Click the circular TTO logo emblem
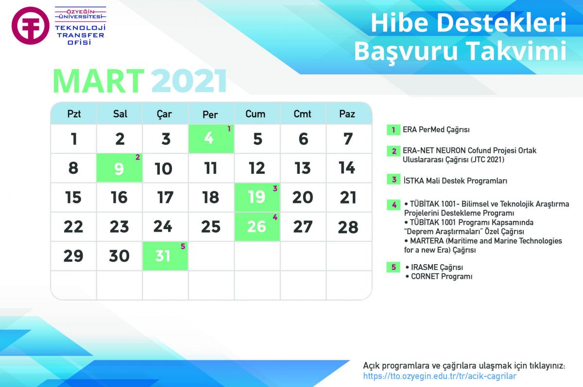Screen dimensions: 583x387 coord(31,26)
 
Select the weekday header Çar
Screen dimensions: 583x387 coord(164,115)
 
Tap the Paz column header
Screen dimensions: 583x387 coord(347,114)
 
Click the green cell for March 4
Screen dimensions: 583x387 coord(211,138)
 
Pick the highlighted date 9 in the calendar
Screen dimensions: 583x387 coord(119,168)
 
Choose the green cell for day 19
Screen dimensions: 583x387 coord(257,197)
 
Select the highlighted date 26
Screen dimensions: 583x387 coord(257,227)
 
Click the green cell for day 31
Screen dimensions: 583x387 coord(165,256)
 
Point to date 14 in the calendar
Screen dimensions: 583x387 coord(347,168)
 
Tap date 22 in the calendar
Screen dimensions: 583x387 coord(73,227)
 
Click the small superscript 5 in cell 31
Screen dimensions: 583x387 coord(183,246)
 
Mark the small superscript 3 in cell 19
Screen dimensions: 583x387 coord(275,188)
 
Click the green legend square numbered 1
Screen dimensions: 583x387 coord(394,130)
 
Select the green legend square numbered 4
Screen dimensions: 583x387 coord(394,205)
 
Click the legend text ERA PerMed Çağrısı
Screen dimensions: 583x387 coord(436,130)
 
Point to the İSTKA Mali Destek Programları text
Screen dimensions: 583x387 coord(455,181)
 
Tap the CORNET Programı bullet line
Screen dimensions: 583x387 coord(439,276)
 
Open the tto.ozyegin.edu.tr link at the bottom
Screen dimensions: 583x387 coord(440,376)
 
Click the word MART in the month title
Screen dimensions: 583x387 coord(99,81)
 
